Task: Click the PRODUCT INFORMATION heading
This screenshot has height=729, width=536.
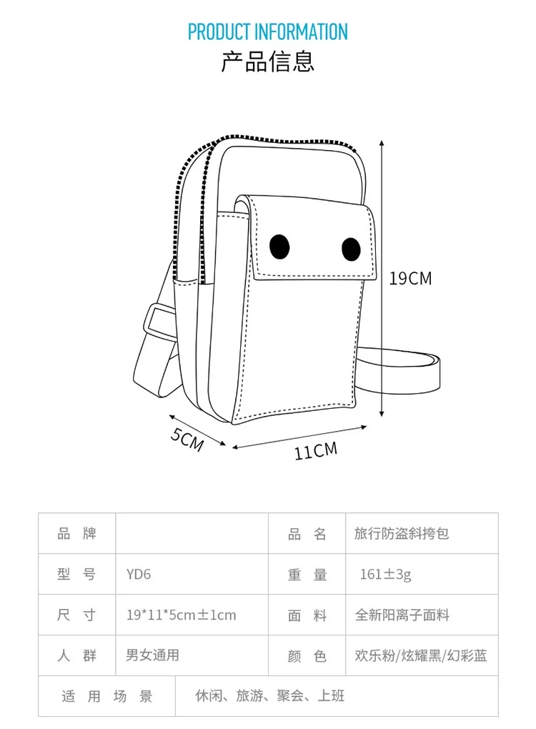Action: (x=268, y=32)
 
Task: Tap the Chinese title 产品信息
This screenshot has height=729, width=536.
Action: (x=268, y=61)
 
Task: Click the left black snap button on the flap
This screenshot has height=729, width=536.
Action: (x=279, y=247)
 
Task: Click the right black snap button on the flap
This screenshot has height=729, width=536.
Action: (x=350, y=249)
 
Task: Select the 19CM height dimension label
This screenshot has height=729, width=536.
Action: (x=410, y=278)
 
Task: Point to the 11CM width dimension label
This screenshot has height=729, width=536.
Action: (x=315, y=450)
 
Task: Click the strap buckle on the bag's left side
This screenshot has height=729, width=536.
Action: (x=157, y=322)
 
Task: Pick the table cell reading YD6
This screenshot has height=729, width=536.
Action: (x=139, y=574)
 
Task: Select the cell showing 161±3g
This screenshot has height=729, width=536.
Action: (x=385, y=574)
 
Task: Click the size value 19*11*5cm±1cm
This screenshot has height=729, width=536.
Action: (x=181, y=615)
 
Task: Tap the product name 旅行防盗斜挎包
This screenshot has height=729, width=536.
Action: (x=402, y=533)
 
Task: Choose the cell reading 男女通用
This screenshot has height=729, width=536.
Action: (x=152, y=655)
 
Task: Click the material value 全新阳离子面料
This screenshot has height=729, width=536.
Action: (x=402, y=615)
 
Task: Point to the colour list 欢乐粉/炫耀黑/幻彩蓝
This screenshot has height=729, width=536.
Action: (x=421, y=655)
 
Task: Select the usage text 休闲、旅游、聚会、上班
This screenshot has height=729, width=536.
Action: (x=270, y=695)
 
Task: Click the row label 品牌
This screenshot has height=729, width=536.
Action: (x=76, y=533)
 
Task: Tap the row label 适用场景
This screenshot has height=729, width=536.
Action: (x=106, y=696)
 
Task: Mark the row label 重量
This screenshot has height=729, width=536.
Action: (x=307, y=574)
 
